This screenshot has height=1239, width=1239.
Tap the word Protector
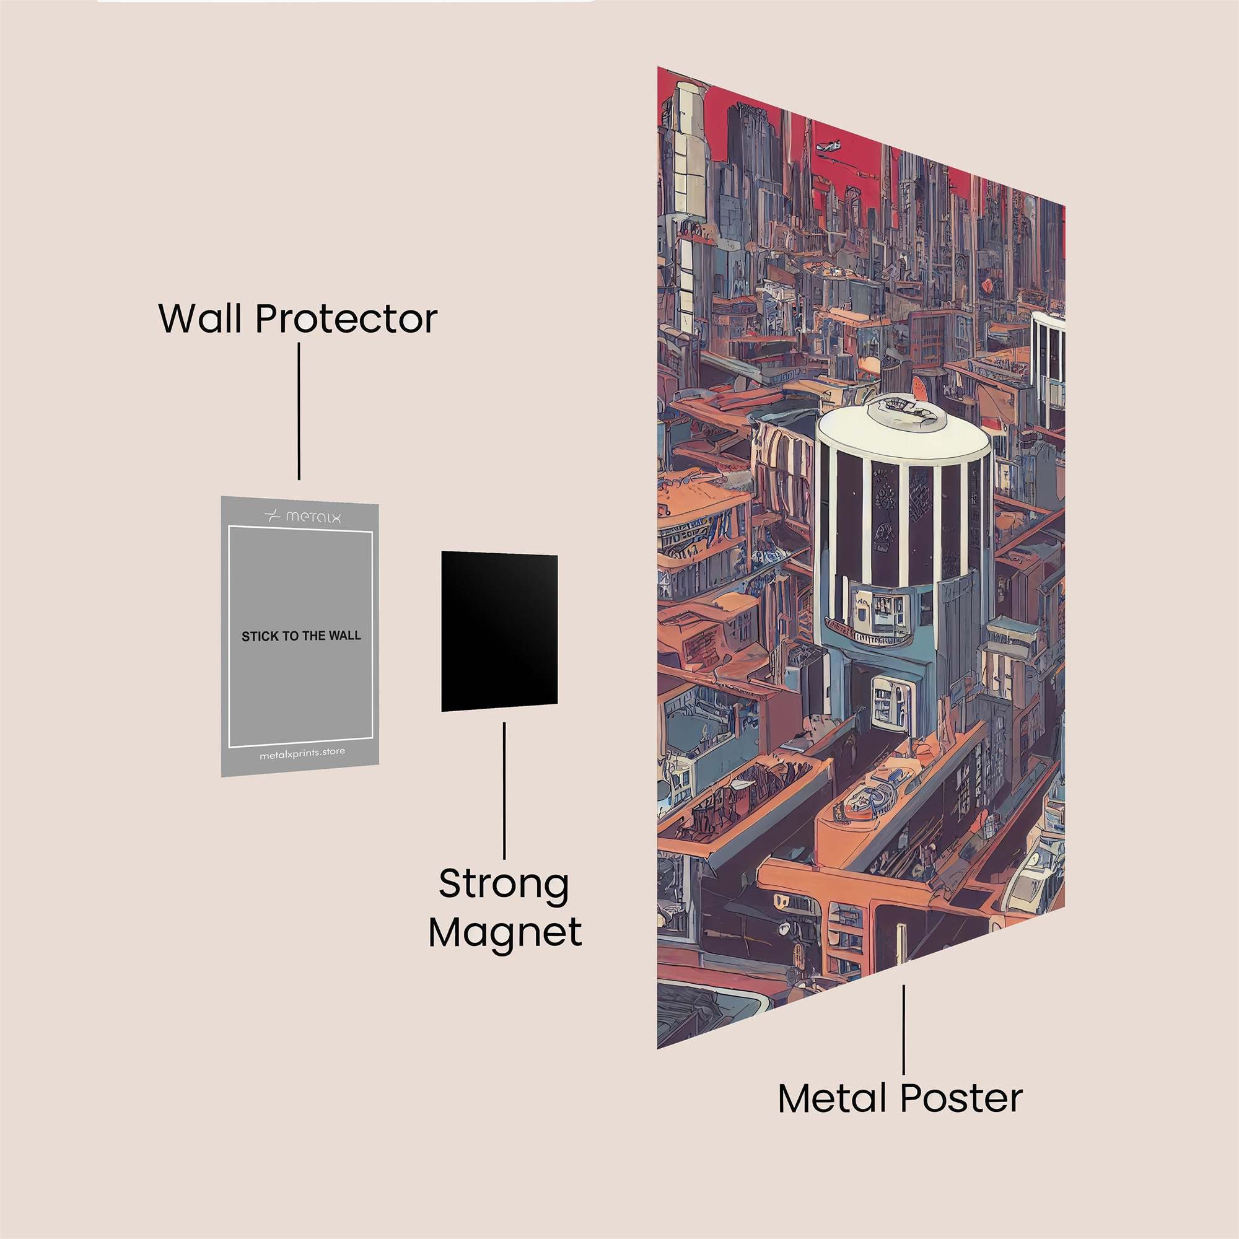(x=346, y=318)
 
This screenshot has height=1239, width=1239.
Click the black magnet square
(x=499, y=632)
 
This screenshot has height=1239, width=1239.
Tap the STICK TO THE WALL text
(x=301, y=636)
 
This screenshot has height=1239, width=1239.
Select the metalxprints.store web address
(x=302, y=753)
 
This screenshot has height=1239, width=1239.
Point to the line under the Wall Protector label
(x=299, y=411)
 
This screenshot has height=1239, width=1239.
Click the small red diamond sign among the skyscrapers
(x=987, y=284)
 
